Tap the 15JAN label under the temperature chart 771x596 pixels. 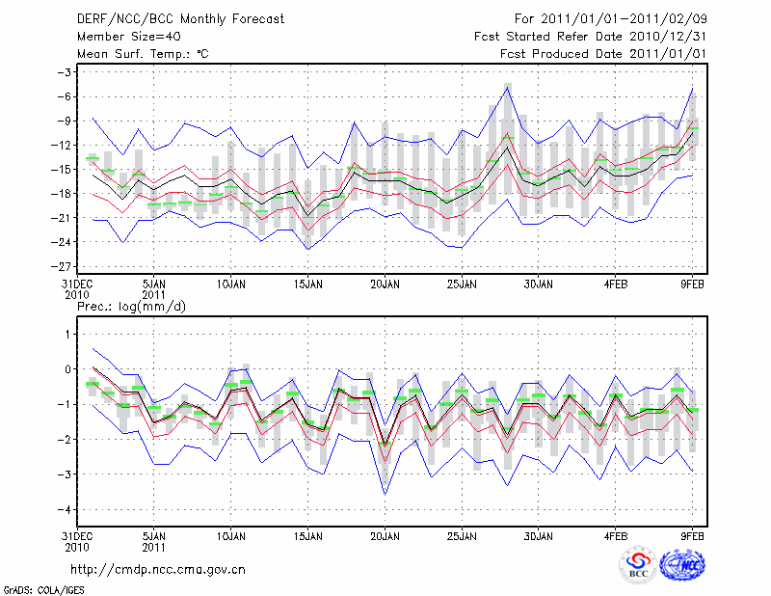click(x=307, y=284)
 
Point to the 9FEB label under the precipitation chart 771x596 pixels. click(x=693, y=534)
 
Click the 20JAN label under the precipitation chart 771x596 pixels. click(x=385, y=534)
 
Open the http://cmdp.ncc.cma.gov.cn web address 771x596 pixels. click(x=158, y=569)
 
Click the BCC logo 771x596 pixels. click(x=637, y=566)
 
